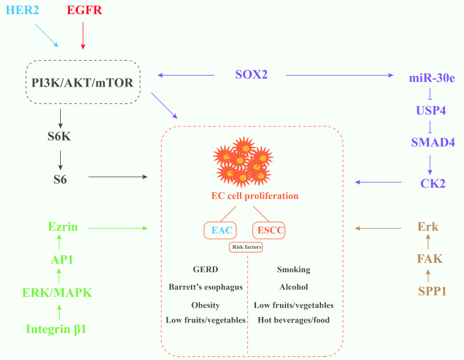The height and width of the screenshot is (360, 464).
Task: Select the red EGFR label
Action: [83, 11]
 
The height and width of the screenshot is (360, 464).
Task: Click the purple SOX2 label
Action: [252, 75]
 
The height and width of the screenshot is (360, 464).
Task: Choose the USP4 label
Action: [430, 111]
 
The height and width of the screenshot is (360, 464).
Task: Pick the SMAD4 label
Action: [430, 143]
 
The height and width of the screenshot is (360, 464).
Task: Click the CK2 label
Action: [432, 182]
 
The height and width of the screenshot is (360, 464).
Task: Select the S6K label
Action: [60, 136]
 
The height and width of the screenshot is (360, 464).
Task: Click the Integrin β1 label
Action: [56, 329]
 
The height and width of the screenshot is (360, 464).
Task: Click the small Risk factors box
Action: [246, 247]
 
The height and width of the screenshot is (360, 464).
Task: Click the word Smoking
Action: [293, 270]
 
